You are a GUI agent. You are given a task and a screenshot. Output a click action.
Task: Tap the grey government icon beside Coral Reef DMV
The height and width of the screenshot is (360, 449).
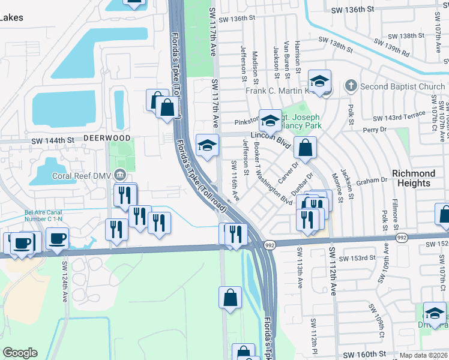pos(121,175)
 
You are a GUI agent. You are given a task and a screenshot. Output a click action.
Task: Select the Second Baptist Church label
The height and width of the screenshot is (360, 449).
pos(402,86)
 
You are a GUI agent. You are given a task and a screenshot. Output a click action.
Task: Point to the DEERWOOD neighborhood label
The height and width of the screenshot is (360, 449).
pos(98,137)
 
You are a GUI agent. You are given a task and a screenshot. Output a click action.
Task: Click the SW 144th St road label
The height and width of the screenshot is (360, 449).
pos(53,140)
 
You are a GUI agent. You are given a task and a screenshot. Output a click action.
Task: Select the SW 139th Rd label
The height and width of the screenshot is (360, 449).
pos(393,47)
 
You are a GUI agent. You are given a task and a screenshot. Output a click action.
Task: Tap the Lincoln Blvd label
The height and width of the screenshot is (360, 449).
pos(275,142)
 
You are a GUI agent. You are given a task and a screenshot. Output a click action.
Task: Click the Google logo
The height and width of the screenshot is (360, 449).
pos(20,353)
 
